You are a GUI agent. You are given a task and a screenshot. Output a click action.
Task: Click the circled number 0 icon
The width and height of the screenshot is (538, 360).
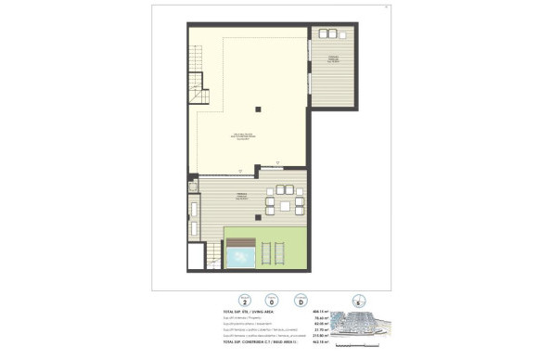click(x=272, y=301)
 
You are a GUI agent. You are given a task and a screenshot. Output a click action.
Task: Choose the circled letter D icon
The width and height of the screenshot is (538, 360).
click(x=300, y=301)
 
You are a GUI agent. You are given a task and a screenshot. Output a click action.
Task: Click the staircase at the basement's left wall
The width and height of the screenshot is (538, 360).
click(x=195, y=84)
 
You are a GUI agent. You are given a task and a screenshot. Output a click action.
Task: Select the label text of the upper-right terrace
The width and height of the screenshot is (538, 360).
click(x=332, y=59)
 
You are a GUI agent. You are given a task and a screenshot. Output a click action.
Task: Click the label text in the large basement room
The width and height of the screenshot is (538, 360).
click(x=241, y=137)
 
